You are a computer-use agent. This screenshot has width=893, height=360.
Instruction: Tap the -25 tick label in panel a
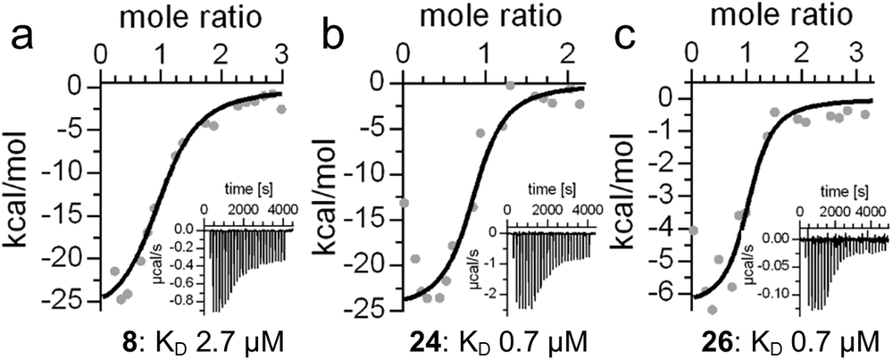(77, 301)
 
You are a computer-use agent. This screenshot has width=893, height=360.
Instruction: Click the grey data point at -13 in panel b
(404, 203)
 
